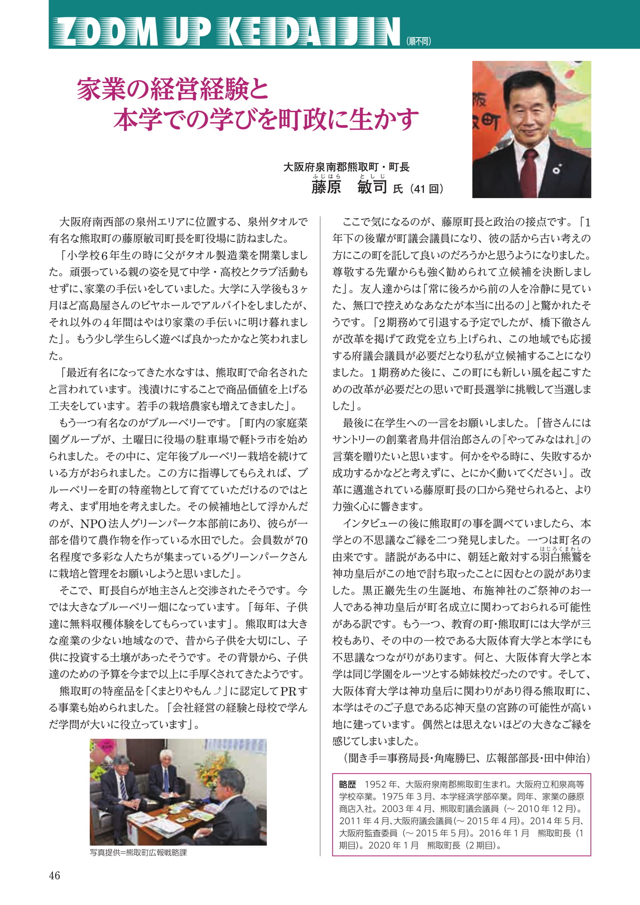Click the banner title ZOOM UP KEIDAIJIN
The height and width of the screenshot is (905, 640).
[226, 32]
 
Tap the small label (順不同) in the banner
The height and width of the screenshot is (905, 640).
[418, 41]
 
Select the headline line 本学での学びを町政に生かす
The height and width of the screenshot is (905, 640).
[266, 119]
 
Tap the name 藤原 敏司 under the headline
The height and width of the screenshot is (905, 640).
[349, 187]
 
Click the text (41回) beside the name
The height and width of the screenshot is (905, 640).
[427, 189]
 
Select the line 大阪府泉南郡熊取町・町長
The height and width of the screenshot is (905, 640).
[346, 167]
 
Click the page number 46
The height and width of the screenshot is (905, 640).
[55, 875]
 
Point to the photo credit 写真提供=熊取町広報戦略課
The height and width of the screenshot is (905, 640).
[138, 852]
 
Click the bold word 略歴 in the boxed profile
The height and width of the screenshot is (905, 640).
[348, 785]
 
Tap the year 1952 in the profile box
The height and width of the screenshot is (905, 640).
[375, 785]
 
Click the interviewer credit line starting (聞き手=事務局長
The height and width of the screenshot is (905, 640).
[467, 758]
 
